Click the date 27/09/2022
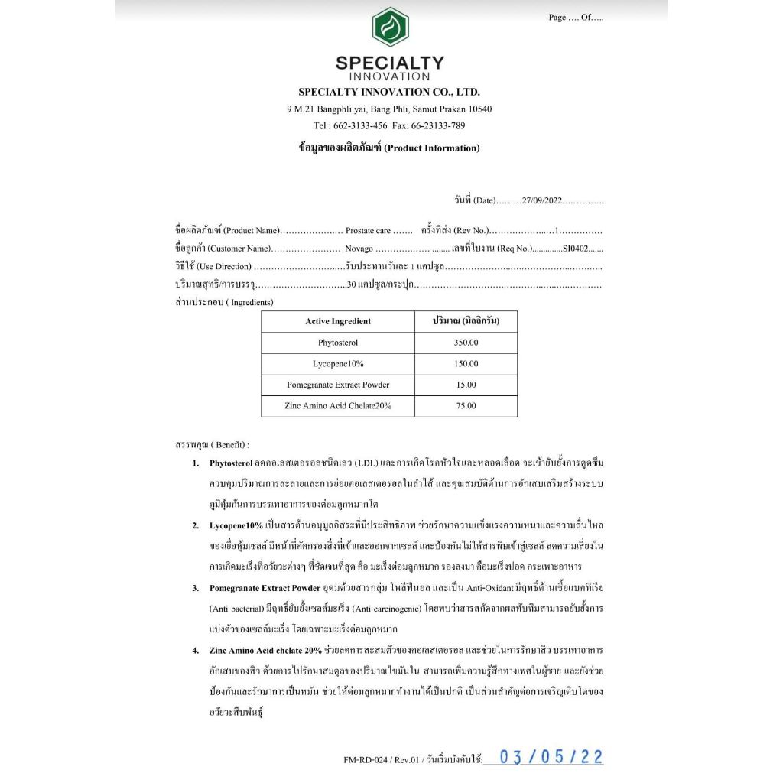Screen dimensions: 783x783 (542, 201)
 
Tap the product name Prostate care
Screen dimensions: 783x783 (369, 230)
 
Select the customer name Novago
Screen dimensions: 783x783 (359, 249)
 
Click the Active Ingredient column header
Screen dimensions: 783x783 (338, 322)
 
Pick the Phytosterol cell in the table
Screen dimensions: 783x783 (338, 343)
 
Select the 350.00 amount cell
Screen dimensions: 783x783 (466, 343)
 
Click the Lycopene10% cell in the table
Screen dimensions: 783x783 (338, 364)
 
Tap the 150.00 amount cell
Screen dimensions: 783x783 (466, 364)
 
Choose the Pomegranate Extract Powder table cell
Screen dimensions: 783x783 (338, 385)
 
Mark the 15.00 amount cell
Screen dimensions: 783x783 (466, 385)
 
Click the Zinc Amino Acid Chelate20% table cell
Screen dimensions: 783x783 (338, 406)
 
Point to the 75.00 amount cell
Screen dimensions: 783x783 (466, 406)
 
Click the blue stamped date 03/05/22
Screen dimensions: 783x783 (551, 757)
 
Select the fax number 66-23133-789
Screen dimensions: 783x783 (439, 125)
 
